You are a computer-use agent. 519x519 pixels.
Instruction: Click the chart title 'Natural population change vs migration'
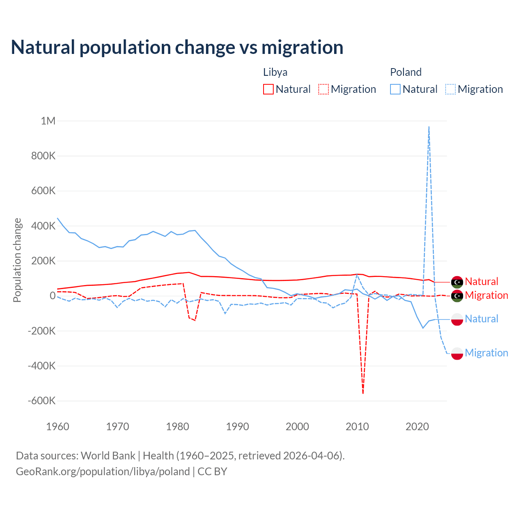[x=177, y=47]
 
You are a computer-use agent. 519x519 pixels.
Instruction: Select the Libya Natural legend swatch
[x=268, y=89]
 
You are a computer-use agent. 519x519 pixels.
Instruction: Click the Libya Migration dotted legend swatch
[x=323, y=89]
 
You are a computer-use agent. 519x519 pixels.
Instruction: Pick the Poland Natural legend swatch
[x=395, y=89]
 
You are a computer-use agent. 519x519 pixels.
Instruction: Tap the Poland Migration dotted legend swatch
[x=450, y=89]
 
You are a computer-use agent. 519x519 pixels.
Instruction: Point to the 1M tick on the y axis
[x=48, y=121]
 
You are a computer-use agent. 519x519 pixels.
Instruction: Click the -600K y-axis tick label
[x=41, y=401]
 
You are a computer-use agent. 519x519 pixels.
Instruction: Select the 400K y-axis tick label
[x=43, y=226]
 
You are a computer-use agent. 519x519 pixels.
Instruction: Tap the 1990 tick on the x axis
[x=237, y=427]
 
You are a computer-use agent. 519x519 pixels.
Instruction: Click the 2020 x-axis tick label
[x=417, y=427]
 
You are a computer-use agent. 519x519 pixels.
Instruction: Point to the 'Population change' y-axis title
[x=17, y=260]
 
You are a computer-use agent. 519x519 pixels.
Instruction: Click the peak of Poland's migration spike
[x=429, y=127]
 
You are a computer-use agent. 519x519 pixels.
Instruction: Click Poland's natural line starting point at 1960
[x=58, y=218]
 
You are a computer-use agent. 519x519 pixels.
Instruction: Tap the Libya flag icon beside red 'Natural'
[x=457, y=282]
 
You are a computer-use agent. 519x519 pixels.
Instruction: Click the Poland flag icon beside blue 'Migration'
[x=457, y=353]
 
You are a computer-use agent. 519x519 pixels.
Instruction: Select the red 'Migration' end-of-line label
[x=486, y=295]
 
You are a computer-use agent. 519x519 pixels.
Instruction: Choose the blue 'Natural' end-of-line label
[x=481, y=319]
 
